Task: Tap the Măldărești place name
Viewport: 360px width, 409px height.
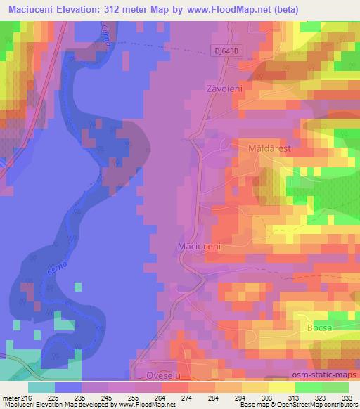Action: pos(269,150)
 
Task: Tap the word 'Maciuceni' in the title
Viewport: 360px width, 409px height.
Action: pos(31,10)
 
